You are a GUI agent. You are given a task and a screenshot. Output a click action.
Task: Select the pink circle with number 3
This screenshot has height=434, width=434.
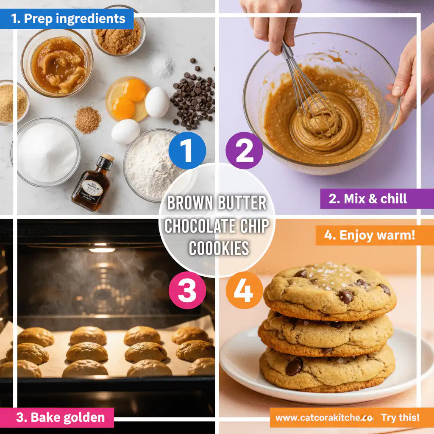pos(187,290)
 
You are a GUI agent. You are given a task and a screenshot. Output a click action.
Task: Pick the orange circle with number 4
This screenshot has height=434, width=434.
pos(244,290)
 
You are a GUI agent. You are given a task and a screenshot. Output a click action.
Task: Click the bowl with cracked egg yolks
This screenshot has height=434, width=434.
pos(127,99)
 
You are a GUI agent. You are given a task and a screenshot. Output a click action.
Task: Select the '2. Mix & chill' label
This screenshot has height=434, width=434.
pos(368,199)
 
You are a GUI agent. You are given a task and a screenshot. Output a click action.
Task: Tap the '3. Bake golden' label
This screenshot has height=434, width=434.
pos(60,417)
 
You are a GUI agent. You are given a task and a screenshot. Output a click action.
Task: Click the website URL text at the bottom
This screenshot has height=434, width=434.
pos(324,417)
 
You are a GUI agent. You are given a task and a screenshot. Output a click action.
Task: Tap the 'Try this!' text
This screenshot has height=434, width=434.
pos(400,417)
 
